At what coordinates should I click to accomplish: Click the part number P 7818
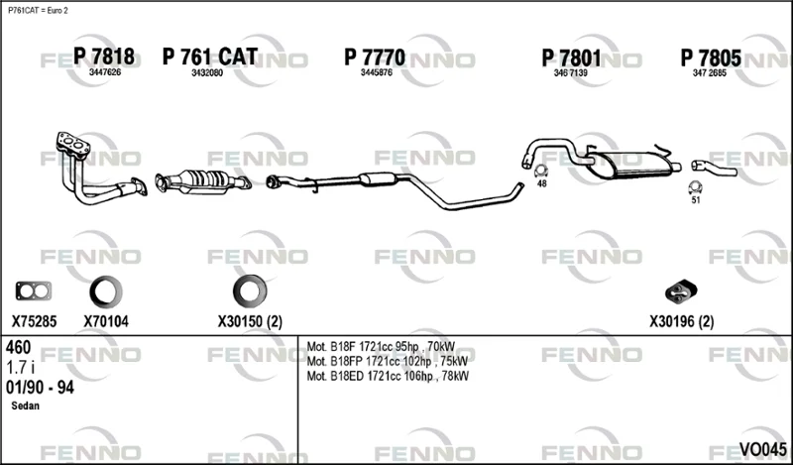104,57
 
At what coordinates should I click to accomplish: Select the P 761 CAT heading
210,57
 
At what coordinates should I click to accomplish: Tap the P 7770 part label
375,58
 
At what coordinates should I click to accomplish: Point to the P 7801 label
572,58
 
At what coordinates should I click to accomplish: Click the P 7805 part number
711,58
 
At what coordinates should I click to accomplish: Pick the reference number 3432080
207,72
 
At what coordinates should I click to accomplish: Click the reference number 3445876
377,72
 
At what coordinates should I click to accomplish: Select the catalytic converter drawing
203,181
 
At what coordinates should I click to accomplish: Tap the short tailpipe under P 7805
714,168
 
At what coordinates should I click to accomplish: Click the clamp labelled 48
541,171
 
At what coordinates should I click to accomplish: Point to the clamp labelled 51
696,187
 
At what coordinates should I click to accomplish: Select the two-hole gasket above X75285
34,291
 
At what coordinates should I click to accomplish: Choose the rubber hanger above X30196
681,291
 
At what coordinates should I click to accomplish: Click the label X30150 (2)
250,321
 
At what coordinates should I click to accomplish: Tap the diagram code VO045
762,449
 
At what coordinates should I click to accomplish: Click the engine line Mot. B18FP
388,361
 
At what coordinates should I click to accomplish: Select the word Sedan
26,406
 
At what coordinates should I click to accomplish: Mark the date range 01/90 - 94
40,388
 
